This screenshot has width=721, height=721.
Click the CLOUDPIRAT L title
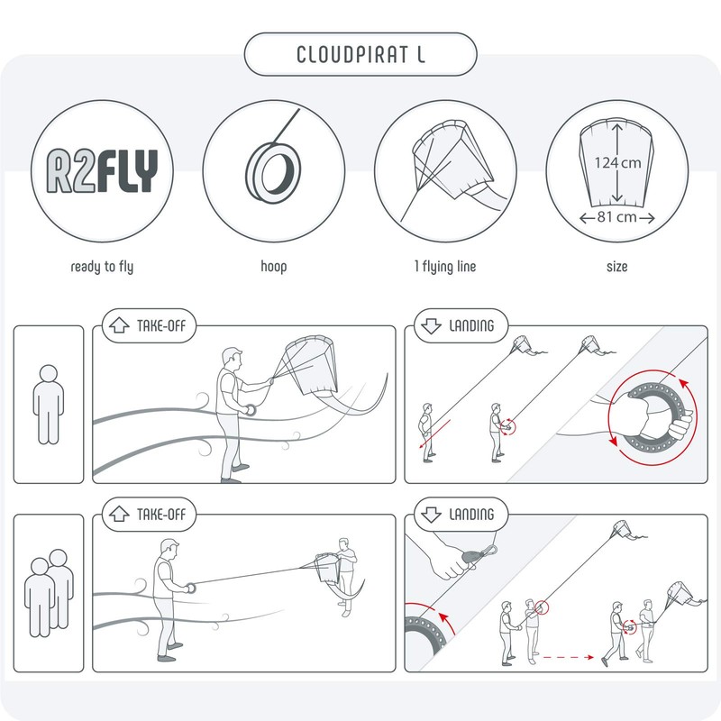[360, 54]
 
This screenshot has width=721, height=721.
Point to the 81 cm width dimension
[617, 218]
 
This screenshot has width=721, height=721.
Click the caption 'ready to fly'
[101, 267]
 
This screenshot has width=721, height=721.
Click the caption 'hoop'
[273, 267]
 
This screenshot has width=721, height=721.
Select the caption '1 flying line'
[444, 267]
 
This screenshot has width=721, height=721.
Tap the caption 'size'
[617, 267]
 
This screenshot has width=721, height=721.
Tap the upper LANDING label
[461, 326]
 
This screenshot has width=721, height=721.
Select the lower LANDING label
[461, 515]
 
